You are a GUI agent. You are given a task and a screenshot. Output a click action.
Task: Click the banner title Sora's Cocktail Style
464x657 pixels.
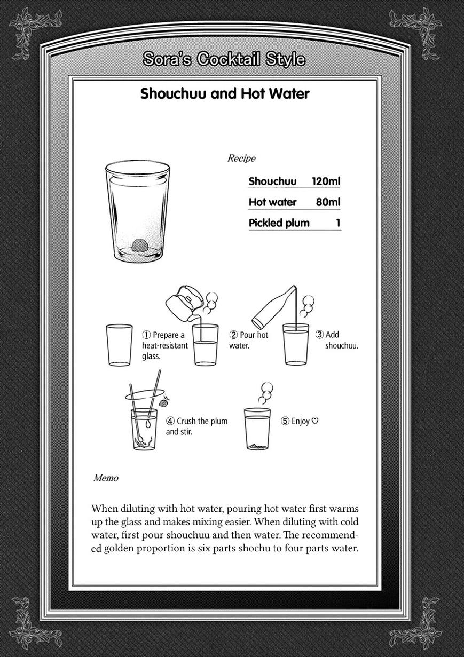(x=224, y=59)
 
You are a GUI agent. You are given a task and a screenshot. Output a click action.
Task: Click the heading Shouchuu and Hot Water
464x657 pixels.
(x=225, y=94)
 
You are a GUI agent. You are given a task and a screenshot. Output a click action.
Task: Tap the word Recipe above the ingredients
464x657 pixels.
(x=241, y=159)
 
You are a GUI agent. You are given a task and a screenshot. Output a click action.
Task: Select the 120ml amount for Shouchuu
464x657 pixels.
(x=326, y=181)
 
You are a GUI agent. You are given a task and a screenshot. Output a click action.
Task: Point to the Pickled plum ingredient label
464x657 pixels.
(x=279, y=223)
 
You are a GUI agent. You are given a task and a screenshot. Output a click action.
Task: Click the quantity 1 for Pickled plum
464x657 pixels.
(x=338, y=223)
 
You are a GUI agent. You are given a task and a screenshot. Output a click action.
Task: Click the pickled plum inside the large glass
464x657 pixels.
(x=140, y=246)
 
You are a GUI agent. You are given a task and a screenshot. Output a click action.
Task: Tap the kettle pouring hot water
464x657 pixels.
(x=182, y=303)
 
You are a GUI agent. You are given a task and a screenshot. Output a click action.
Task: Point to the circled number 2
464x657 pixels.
(x=233, y=335)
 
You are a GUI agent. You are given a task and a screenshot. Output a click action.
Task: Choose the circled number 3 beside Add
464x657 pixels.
(x=319, y=335)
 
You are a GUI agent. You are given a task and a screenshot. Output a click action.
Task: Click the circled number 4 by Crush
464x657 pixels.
(x=170, y=421)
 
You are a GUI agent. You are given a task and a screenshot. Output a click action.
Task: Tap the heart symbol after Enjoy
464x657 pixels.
(x=315, y=421)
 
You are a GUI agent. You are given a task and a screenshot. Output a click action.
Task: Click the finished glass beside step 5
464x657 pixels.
(x=257, y=429)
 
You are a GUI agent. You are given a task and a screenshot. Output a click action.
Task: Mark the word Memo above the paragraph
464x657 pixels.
(x=106, y=478)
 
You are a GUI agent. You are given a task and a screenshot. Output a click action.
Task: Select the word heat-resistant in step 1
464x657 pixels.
(x=165, y=345)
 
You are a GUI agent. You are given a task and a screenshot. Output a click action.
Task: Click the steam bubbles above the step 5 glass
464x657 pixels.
(x=265, y=393)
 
